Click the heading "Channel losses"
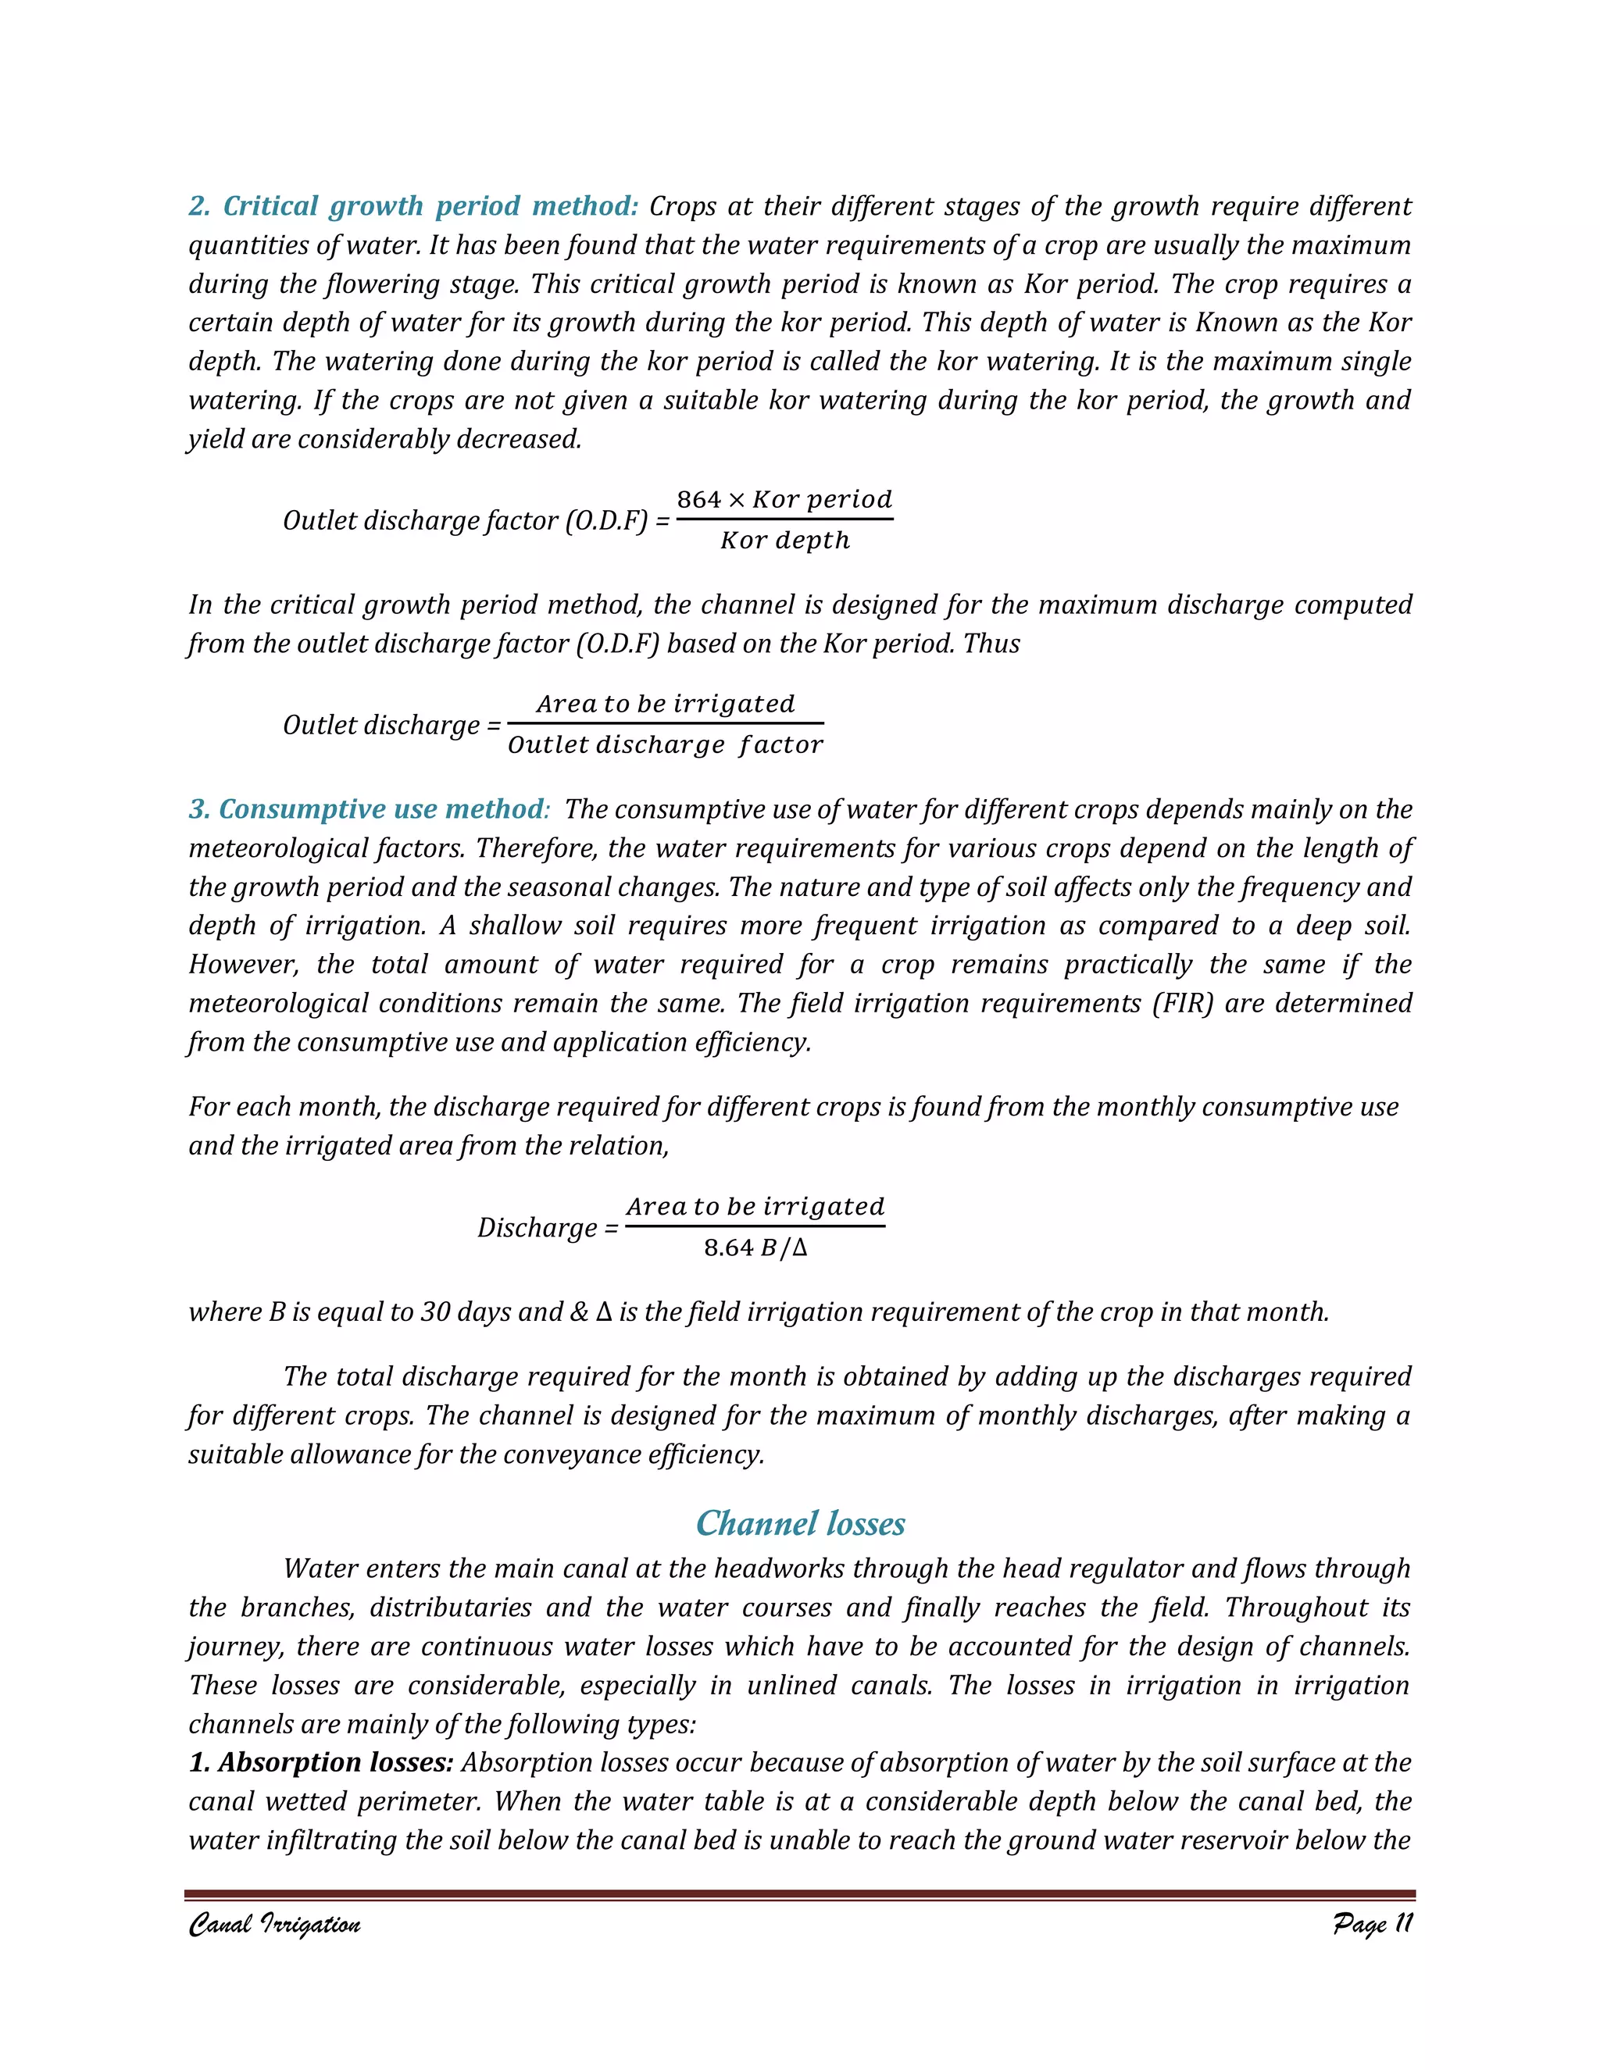tap(800, 1523)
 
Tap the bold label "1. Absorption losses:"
tap(320, 1762)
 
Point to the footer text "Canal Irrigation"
tap(274, 1924)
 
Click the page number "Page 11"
tap(1372, 1923)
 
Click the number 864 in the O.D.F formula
tap(698, 499)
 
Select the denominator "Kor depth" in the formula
tap(785, 541)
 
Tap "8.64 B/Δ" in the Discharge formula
tap(755, 1247)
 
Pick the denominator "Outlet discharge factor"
tap(666, 745)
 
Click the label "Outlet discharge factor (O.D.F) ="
tap(476, 520)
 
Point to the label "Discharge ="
tap(547, 1227)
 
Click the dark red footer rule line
tap(800, 1895)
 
